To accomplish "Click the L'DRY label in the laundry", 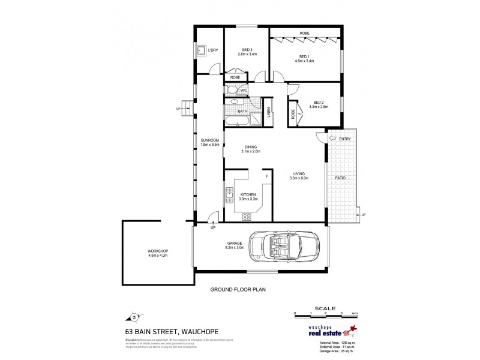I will tap(212, 50).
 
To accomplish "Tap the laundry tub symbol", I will tap(202, 51).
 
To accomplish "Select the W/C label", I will tap(244, 90).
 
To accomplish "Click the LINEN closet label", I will tap(269, 112).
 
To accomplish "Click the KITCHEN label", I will tap(248, 195).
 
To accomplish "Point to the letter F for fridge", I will tap(267, 176).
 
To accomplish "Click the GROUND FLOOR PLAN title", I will tap(237, 289).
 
